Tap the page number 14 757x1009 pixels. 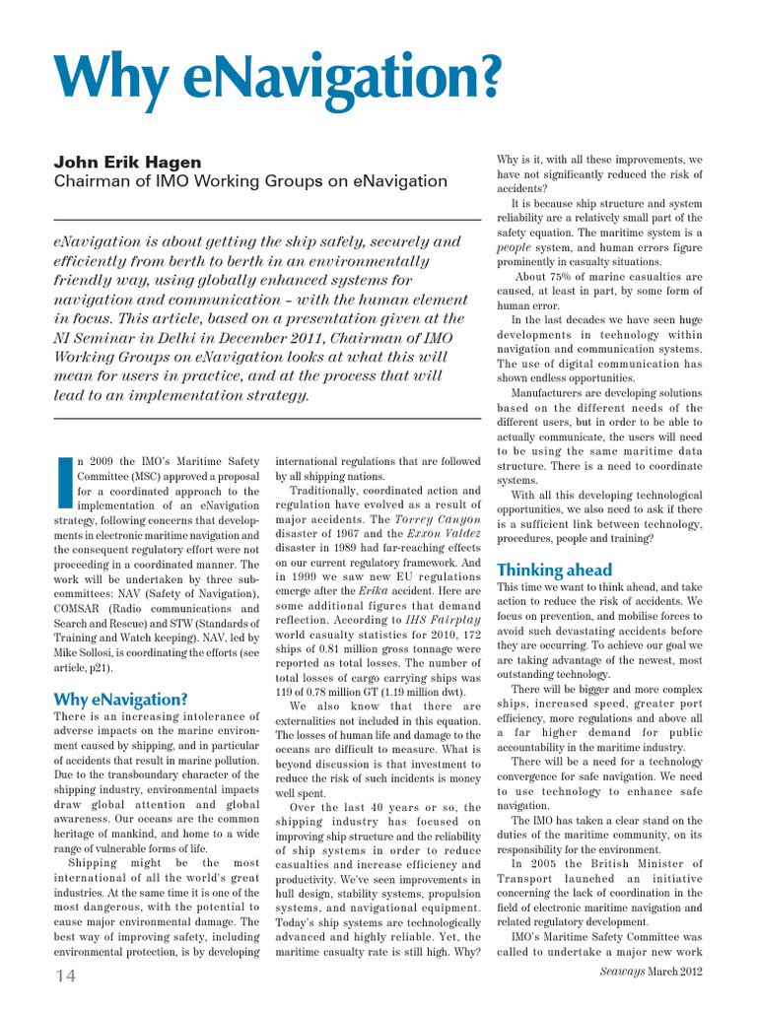coord(65,975)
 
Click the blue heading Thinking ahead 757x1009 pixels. coord(554,570)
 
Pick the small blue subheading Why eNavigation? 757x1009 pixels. coord(120,699)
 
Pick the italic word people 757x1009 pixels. coord(514,247)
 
